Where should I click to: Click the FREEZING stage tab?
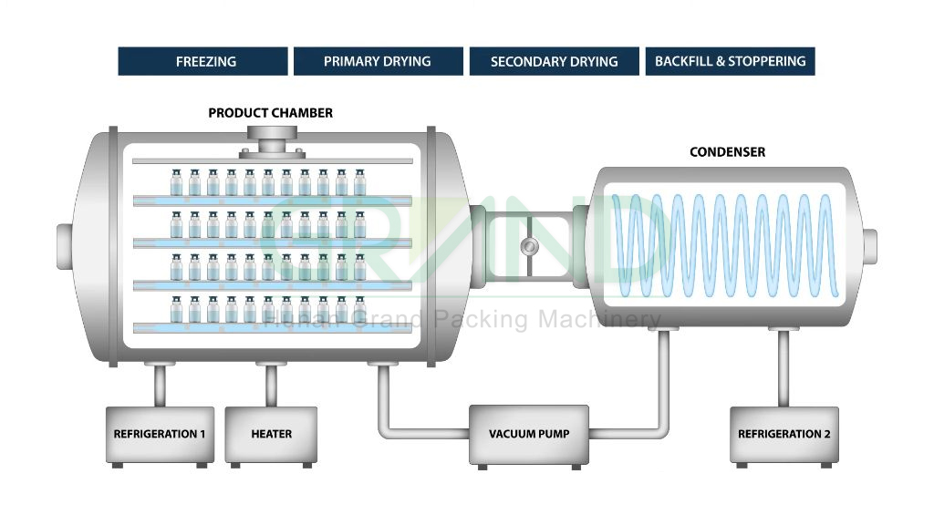202,62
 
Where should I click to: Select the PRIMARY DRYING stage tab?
378,62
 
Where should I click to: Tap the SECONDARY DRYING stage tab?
554,62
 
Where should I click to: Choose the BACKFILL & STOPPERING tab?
730,62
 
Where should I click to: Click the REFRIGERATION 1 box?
160,434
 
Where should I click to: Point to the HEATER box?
271,434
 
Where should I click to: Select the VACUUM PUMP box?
528,434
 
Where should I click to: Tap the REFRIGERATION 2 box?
784,434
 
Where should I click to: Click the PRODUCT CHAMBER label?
270,113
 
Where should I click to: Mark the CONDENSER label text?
727,152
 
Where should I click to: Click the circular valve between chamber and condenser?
528,246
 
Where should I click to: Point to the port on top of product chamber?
272,146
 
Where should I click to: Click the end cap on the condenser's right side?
869,242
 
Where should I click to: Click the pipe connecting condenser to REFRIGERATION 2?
784,369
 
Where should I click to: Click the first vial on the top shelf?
176,182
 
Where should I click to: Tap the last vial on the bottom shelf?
359,310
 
